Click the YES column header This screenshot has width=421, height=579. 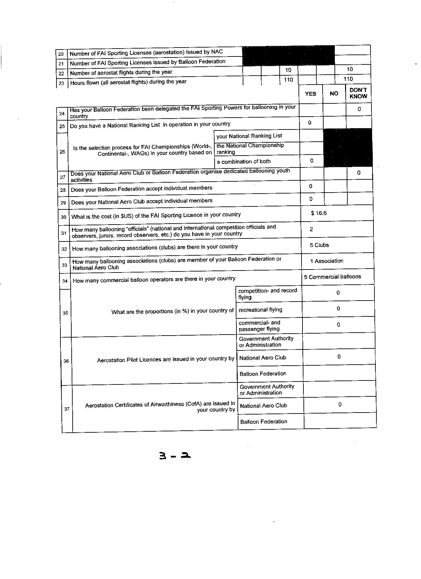pyautogui.click(x=310, y=94)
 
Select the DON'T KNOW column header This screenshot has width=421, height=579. pyautogui.click(x=358, y=93)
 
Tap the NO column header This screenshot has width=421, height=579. pyautogui.click(x=334, y=93)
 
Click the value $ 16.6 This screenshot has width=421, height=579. pyautogui.click(x=319, y=213)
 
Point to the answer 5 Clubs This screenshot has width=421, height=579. pyautogui.click(x=319, y=245)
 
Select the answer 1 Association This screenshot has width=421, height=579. pyautogui.click(x=327, y=261)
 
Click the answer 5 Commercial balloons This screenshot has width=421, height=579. pyautogui.click(x=333, y=277)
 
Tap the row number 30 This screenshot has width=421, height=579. pyautogui.click(x=64, y=217)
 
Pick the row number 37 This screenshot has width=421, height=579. pyautogui.click(x=67, y=409)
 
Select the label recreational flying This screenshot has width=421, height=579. pyautogui.click(x=260, y=310)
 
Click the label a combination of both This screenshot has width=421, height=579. pyautogui.click(x=244, y=162)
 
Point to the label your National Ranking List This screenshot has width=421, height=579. pyautogui.click(x=249, y=136)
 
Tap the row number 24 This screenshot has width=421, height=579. pyautogui.click(x=62, y=114)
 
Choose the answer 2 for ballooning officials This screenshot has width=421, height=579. pyautogui.click(x=311, y=229)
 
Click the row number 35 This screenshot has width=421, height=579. pyautogui.click(x=65, y=313)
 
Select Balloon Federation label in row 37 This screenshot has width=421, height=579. pyautogui.click(x=263, y=421)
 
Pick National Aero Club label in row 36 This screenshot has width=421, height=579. pyautogui.click(x=263, y=358)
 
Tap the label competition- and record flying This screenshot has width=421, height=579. pyautogui.click(x=267, y=294)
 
